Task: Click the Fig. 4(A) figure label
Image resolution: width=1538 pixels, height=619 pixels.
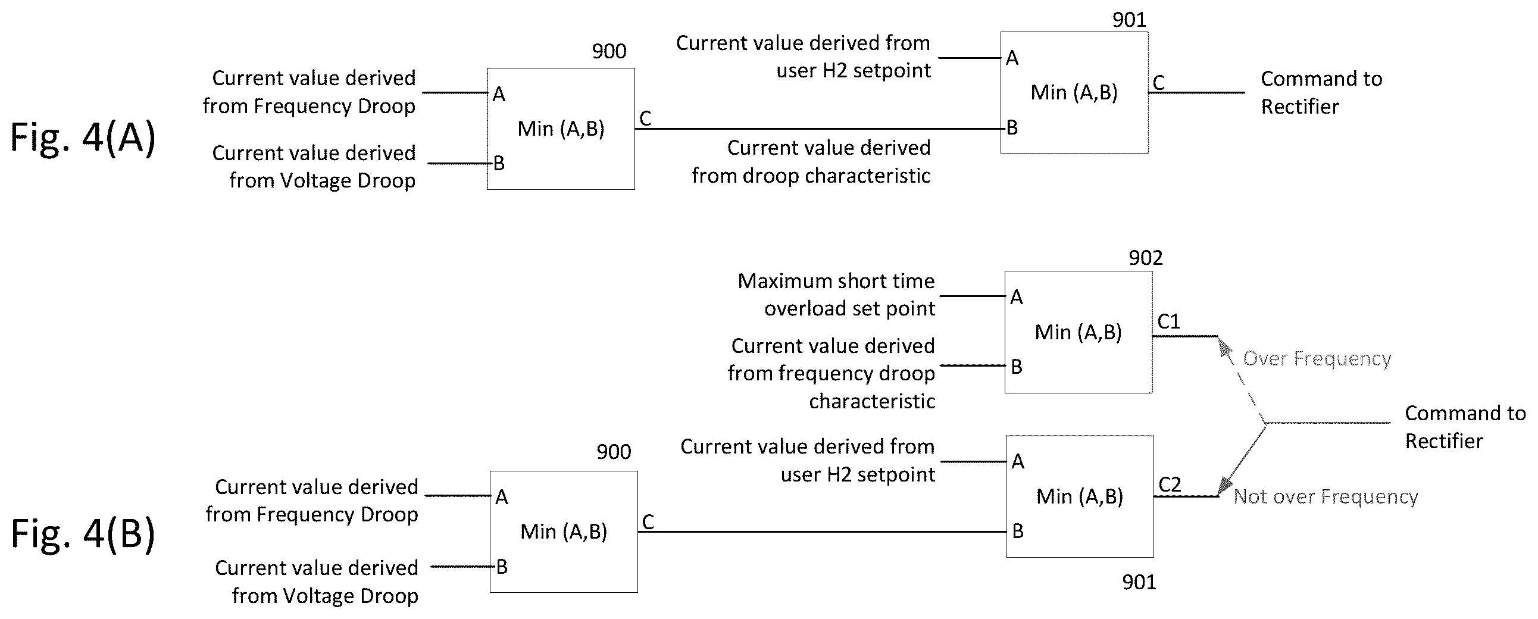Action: click(83, 138)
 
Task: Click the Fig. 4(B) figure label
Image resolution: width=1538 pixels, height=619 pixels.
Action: click(83, 534)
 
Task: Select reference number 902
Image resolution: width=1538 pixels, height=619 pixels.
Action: click(1145, 258)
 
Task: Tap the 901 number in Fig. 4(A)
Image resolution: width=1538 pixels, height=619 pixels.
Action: click(1129, 20)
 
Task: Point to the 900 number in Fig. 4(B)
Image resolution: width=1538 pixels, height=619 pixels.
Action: click(614, 452)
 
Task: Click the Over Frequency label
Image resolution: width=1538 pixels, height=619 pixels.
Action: click(1317, 358)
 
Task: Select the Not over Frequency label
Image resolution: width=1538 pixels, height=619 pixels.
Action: click(1326, 496)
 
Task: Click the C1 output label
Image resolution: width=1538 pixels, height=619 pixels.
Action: click(1168, 322)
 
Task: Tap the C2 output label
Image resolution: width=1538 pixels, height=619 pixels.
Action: click(1170, 484)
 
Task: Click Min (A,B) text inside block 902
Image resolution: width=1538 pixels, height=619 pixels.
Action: click(1079, 332)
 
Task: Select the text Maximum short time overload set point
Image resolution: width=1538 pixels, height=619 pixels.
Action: click(836, 295)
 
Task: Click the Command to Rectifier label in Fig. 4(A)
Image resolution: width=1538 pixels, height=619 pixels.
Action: click(1321, 92)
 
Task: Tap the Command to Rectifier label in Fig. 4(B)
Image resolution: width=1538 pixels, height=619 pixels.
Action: click(1465, 427)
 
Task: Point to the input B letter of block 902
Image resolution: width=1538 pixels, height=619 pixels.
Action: click(1016, 367)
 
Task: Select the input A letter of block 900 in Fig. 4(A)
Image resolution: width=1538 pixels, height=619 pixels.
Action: click(499, 94)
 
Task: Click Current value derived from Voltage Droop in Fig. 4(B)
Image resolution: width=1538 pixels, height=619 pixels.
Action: click(317, 582)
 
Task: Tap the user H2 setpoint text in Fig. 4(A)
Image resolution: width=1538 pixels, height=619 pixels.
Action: click(853, 71)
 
